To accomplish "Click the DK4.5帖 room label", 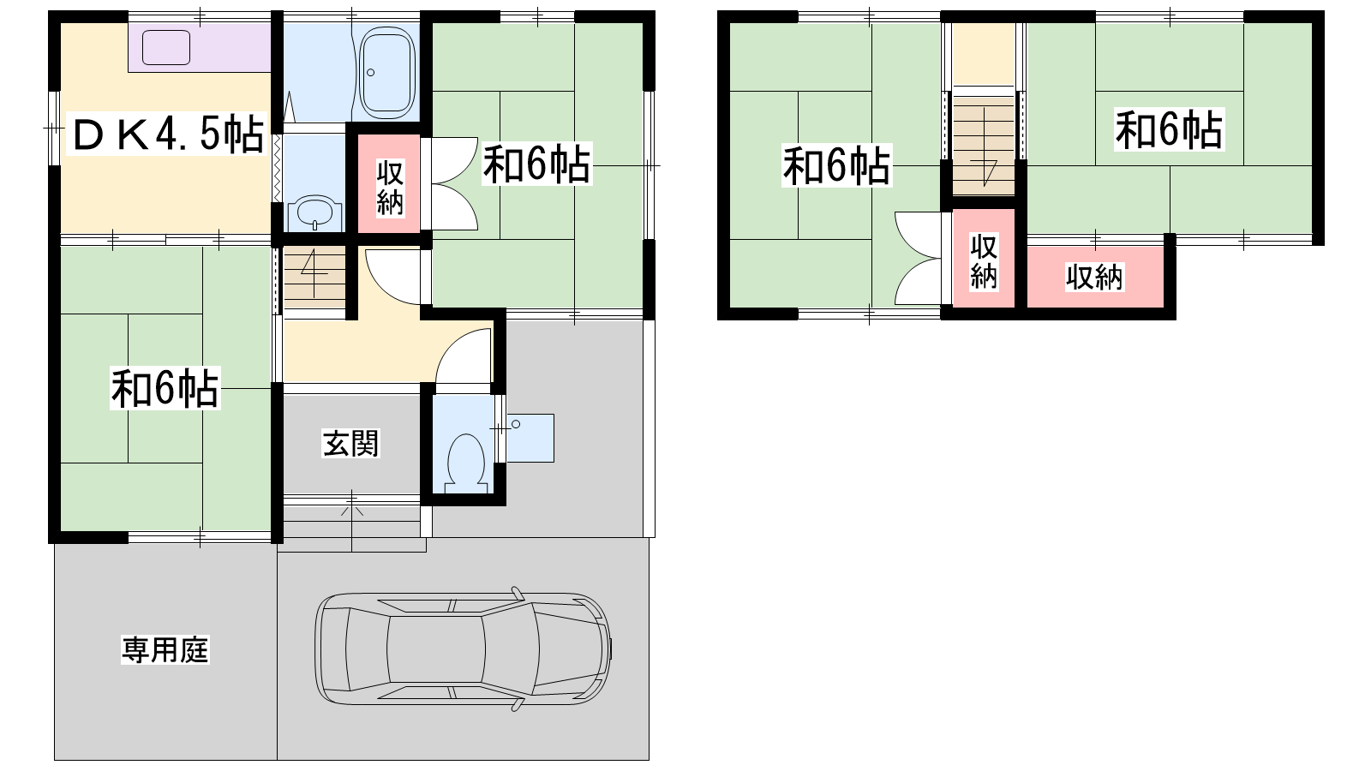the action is pyautogui.click(x=168, y=134).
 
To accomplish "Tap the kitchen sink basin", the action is pyautogui.click(x=166, y=48).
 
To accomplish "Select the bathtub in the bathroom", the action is pyautogui.click(x=386, y=74).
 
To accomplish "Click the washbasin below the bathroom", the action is pyautogui.click(x=314, y=212).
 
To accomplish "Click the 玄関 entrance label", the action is pyautogui.click(x=350, y=443).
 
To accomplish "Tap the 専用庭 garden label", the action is pyautogui.click(x=165, y=650).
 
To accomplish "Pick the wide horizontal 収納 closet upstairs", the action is pyautogui.click(x=1095, y=277).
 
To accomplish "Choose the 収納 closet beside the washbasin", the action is pyautogui.click(x=389, y=184).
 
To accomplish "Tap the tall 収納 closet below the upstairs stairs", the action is pyautogui.click(x=984, y=258).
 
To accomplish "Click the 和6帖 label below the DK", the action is pyautogui.click(x=165, y=388).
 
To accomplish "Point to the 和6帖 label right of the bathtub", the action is pyautogui.click(x=537, y=164).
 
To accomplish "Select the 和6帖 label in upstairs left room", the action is pyautogui.click(x=836, y=165).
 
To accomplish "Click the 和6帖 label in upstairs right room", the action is pyautogui.click(x=1169, y=129).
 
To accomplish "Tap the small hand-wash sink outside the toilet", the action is pyautogui.click(x=530, y=438).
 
